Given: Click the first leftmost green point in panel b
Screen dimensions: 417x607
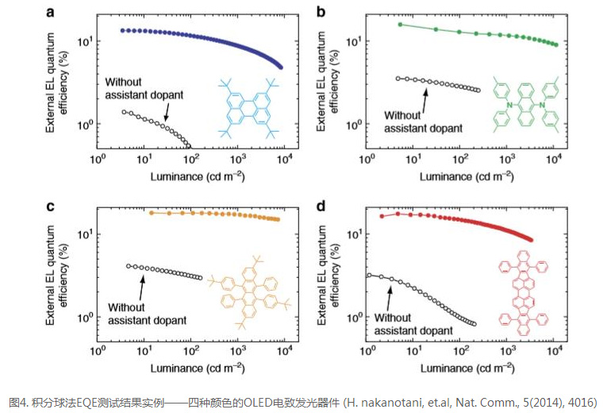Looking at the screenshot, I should [400, 25].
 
